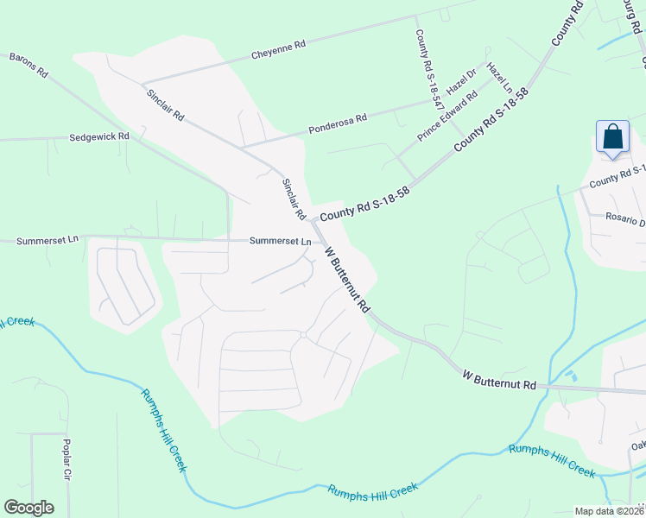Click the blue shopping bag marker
(x=612, y=138)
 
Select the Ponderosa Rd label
(x=338, y=124)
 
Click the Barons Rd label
(x=28, y=66)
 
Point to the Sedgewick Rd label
(x=98, y=136)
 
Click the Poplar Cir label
(x=66, y=459)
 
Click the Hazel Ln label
(x=499, y=78)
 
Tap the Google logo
(x=28, y=508)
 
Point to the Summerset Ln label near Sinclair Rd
(x=280, y=242)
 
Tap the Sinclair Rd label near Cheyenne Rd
(x=164, y=104)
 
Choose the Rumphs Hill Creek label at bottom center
(x=373, y=490)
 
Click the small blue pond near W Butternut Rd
(x=570, y=376)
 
